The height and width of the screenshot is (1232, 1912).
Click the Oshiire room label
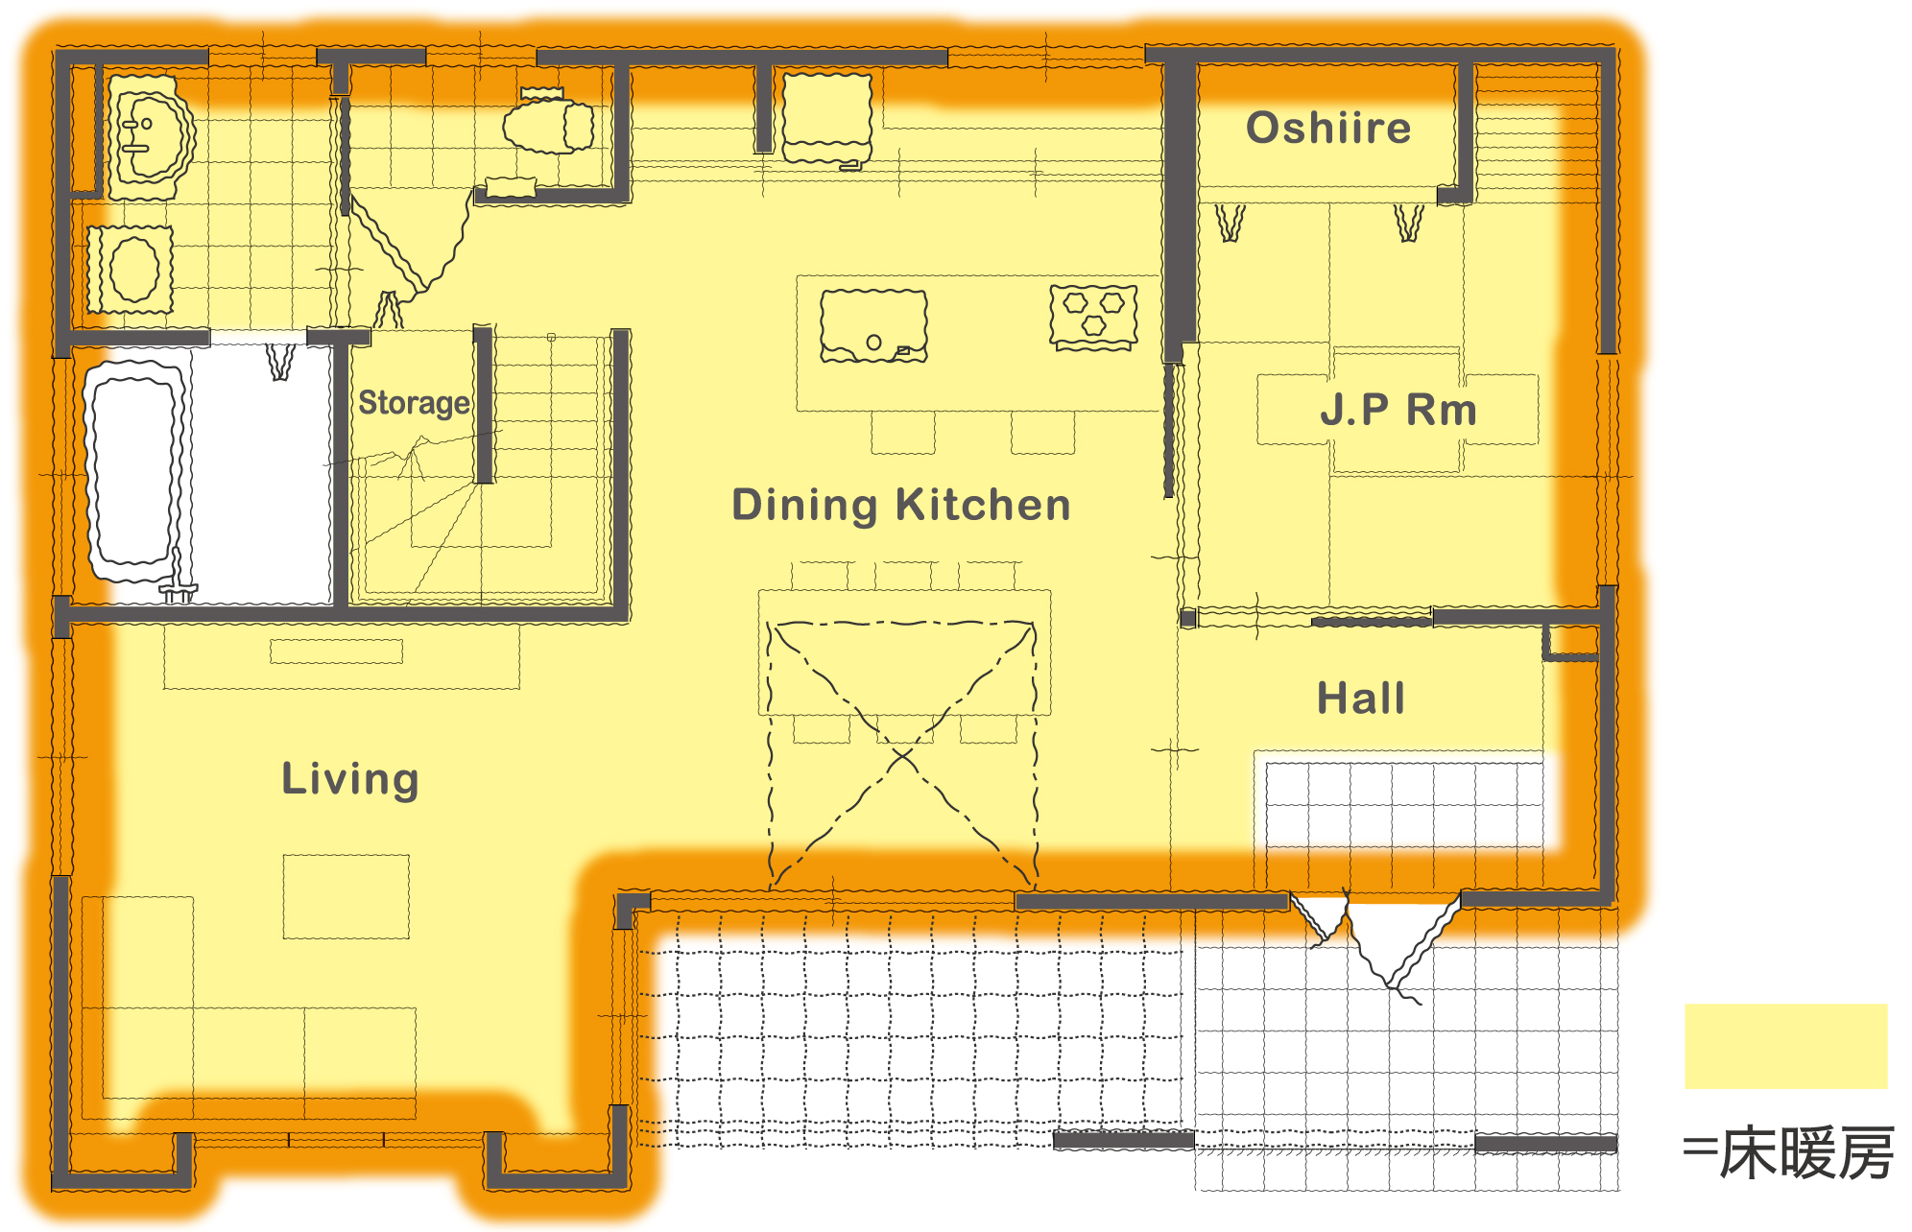click(x=1328, y=128)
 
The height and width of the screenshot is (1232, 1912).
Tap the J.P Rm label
click(x=1398, y=410)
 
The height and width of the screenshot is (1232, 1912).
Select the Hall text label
click(x=1361, y=698)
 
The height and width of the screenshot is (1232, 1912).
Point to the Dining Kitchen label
click(x=900, y=505)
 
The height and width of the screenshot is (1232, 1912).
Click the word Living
click(x=350, y=778)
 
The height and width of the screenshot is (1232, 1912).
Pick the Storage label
click(x=414, y=403)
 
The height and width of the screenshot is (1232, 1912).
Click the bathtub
click(x=134, y=471)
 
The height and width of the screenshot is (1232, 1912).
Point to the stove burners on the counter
click(x=1093, y=315)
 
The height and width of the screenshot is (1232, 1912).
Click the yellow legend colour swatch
click(x=1785, y=1046)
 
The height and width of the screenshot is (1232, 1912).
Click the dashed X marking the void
click(x=902, y=753)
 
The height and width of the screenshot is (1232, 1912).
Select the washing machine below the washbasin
click(x=131, y=270)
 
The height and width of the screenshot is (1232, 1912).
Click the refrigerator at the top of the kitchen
click(x=827, y=119)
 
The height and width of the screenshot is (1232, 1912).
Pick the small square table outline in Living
click(x=346, y=896)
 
